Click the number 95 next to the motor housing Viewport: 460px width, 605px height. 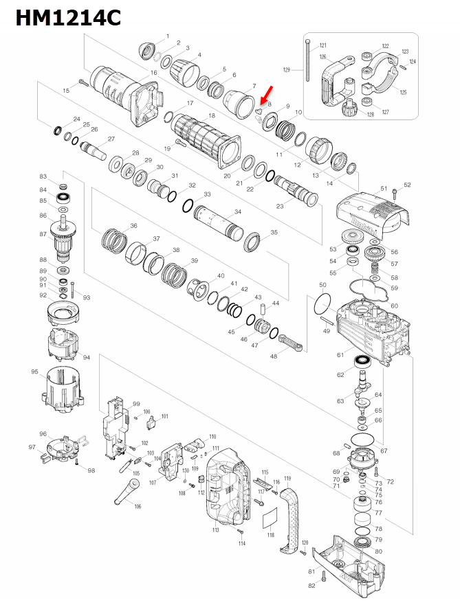34,372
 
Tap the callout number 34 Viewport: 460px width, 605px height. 238,212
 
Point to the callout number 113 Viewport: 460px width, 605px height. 215,531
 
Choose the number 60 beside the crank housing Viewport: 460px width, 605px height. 394,306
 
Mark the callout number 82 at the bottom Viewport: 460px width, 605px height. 311,585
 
